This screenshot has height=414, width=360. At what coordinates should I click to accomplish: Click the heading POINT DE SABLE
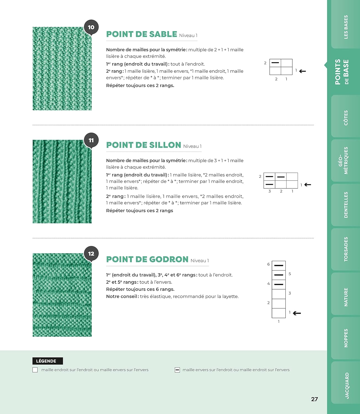click(141, 34)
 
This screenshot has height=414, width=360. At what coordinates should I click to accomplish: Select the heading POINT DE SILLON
click(144, 145)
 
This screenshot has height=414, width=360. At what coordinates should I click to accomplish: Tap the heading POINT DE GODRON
click(147, 259)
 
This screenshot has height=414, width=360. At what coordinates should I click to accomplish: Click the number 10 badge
click(91, 27)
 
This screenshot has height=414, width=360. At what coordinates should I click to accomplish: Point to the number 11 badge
click(91, 140)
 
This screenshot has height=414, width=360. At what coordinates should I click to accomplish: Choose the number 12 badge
click(91, 254)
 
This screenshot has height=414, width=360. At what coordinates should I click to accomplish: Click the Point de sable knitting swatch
click(62, 68)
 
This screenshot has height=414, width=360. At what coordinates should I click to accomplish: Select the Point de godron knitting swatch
click(62, 295)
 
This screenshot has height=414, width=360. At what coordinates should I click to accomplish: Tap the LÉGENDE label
click(46, 361)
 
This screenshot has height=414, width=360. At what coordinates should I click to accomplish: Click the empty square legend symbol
click(35, 370)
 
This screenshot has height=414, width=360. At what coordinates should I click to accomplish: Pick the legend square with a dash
click(177, 370)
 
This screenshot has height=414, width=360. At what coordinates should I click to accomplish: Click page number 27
click(314, 399)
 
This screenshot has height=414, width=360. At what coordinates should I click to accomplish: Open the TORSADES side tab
click(346, 249)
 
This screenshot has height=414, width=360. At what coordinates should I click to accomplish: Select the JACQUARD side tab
click(347, 386)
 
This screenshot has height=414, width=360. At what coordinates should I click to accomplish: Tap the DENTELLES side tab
click(346, 205)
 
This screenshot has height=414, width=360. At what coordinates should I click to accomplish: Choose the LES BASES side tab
click(346, 27)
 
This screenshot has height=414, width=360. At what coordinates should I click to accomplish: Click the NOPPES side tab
click(346, 338)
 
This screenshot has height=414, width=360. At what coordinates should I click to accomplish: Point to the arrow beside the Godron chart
click(297, 313)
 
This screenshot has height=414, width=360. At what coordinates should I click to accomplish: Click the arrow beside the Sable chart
click(303, 71)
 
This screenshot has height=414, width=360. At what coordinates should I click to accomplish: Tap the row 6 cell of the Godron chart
click(279, 266)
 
